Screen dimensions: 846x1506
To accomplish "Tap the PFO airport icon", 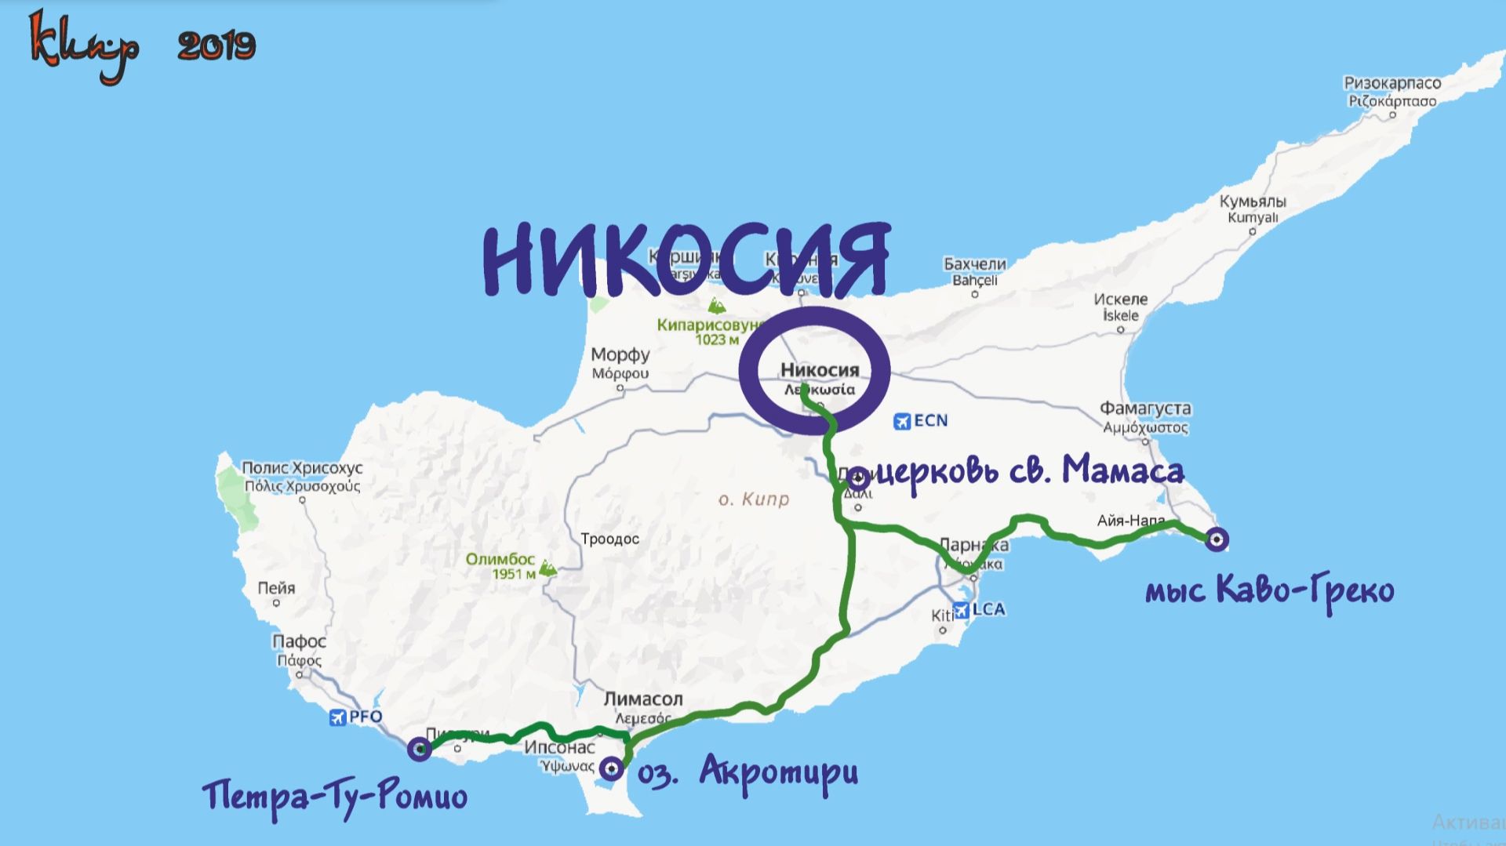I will point(338,717).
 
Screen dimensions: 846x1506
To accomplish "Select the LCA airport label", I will point(988,609).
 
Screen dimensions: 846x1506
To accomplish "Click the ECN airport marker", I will point(903,421).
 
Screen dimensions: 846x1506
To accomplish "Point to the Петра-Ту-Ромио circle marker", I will point(420,750).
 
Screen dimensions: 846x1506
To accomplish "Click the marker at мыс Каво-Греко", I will point(1217,539).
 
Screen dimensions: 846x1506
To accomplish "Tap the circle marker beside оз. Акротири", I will point(611,769).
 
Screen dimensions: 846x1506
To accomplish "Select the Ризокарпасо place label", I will point(1392,83).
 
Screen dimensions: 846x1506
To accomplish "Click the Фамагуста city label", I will point(1145,408).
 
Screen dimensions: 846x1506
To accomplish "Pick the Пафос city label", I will point(299,641).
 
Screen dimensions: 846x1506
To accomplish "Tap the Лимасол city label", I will point(643,699).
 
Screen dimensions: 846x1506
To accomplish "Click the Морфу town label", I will point(620,355).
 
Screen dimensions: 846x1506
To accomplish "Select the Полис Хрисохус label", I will point(302,468).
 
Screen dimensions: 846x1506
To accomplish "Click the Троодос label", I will point(609,539).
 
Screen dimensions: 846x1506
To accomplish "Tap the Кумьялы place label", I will point(1253,202).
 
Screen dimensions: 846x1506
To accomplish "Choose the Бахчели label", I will point(974,264).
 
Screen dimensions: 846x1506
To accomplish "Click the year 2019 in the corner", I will point(216,46).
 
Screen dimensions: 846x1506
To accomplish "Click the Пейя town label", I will point(276,588).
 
